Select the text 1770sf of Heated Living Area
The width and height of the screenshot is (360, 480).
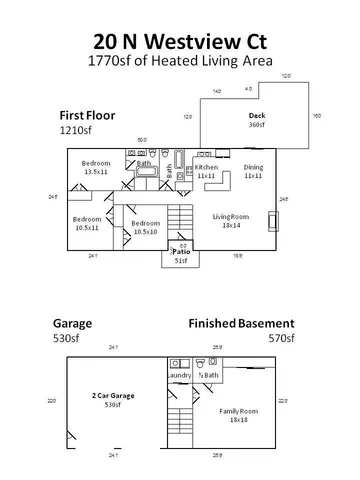(x=180, y=61)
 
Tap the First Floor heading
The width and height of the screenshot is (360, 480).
(x=87, y=116)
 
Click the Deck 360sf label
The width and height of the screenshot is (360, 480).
(x=256, y=121)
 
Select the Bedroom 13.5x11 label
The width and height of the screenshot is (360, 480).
(x=96, y=167)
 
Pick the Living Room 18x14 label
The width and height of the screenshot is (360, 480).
(x=231, y=220)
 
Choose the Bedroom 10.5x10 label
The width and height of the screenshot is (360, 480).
(x=145, y=227)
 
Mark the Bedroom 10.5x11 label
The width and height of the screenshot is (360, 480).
(x=87, y=222)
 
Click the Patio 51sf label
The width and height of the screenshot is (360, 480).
(x=182, y=256)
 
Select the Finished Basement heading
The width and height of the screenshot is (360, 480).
(x=242, y=324)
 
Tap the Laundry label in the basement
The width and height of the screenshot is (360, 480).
(x=179, y=375)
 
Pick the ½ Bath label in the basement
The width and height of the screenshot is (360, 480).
(x=208, y=375)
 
